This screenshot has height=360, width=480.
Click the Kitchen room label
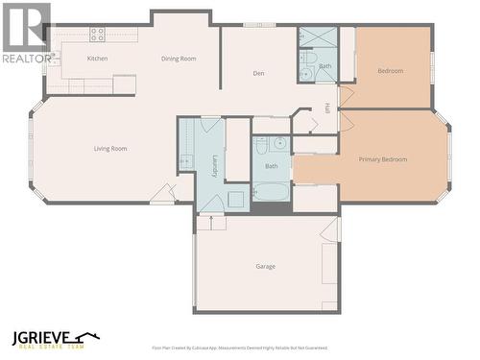[98, 59]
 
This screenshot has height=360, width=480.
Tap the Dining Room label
[179, 59]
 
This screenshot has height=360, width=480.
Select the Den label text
[258, 73]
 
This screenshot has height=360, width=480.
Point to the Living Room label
[110, 149]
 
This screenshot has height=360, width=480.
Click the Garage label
[266, 266]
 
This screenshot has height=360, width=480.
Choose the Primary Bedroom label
[382, 159]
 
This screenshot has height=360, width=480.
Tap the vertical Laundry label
[213, 163]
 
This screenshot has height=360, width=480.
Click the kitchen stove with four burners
[97, 34]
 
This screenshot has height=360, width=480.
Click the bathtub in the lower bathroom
[272, 191]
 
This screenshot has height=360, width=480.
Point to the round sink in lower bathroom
[278, 144]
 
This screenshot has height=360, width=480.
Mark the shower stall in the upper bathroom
[318, 37]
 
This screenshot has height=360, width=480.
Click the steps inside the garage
[211, 223]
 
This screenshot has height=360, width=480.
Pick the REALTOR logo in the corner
[26, 33]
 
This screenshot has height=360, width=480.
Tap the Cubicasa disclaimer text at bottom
[239, 348]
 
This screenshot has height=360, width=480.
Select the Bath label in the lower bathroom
[271, 166]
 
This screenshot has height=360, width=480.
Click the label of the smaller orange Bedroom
[390, 70]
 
